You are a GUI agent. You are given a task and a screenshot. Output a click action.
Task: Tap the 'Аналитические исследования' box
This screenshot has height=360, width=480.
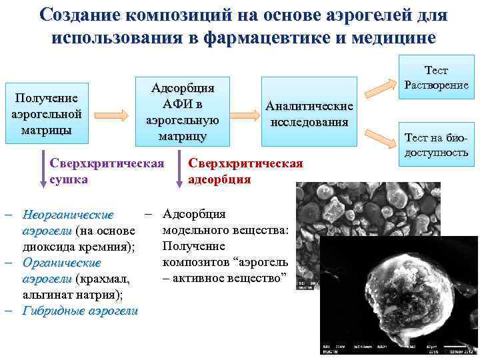tap(309, 114)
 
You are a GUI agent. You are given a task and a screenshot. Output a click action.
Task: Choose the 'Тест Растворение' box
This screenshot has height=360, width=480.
tap(436, 77)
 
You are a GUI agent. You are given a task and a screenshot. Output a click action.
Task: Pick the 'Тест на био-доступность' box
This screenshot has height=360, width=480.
tap(436, 145)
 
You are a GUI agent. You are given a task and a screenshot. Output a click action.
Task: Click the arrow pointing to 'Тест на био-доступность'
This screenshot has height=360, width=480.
tap(380, 139)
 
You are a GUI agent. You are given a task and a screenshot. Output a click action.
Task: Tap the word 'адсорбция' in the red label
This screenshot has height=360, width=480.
tap(219, 179)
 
